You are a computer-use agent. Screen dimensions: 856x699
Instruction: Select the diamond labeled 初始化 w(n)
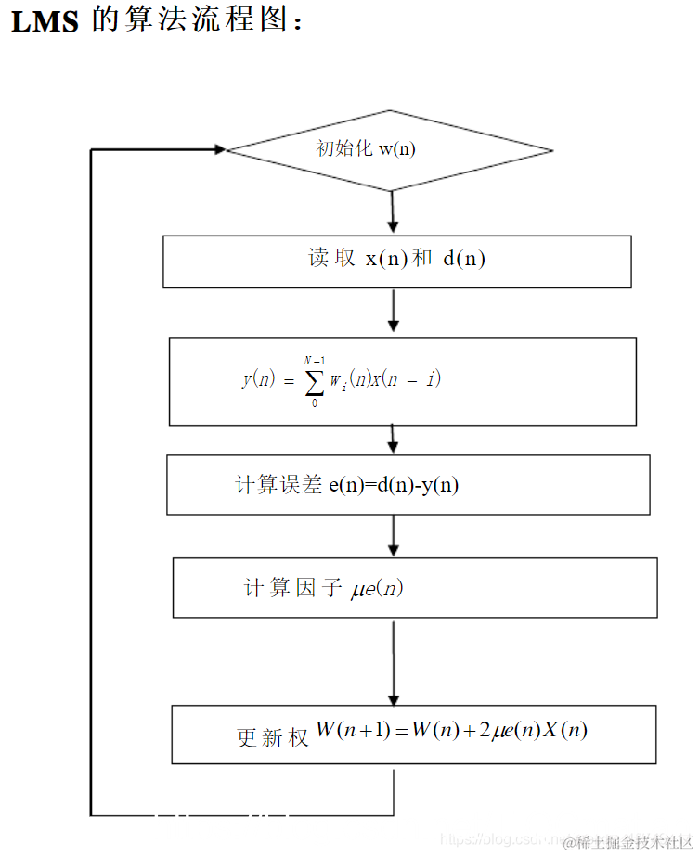390,150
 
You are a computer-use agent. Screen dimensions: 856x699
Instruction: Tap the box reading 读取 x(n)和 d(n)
397,261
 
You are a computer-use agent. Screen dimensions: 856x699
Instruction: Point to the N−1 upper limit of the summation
314,361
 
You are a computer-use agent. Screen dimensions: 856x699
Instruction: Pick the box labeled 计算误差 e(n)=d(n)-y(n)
408,484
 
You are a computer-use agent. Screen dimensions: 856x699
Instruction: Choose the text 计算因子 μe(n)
323,588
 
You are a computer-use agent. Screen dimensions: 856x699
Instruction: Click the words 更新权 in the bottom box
272,737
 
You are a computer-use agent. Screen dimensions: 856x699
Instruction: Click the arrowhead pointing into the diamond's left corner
219,149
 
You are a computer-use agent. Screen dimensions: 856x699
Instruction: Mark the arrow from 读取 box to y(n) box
393,311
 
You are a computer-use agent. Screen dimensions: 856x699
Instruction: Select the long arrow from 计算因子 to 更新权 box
394,663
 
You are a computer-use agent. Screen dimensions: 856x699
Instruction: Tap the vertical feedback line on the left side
91,482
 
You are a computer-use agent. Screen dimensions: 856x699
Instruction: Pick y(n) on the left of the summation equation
258,379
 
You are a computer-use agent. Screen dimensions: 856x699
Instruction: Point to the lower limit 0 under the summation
314,403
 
